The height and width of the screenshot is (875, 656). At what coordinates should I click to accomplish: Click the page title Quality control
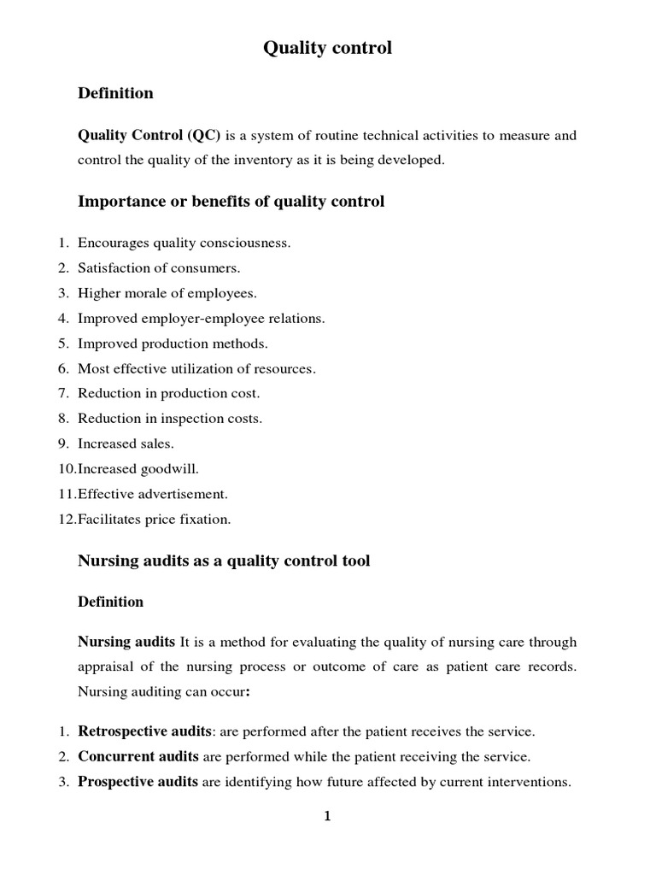[327, 49]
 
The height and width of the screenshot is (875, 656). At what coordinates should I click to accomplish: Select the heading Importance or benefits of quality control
[231, 202]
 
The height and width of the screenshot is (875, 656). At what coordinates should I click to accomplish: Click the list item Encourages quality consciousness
[184, 244]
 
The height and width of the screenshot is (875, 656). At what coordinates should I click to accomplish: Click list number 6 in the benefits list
[63, 369]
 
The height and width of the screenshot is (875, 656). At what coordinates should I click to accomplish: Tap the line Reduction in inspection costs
[170, 419]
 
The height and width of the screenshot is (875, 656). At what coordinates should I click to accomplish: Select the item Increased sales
[126, 444]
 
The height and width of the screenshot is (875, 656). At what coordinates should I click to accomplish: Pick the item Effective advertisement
[153, 494]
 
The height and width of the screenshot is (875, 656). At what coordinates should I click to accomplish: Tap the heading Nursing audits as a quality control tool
[224, 561]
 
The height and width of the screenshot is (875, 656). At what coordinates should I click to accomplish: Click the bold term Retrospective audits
[144, 731]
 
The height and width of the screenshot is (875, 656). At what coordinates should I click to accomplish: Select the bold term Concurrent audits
[138, 756]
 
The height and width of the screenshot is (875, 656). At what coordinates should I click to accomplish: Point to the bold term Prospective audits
[138, 782]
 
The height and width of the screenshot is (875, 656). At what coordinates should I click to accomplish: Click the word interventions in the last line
[530, 782]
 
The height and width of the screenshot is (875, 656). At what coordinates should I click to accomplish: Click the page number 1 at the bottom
[327, 817]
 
